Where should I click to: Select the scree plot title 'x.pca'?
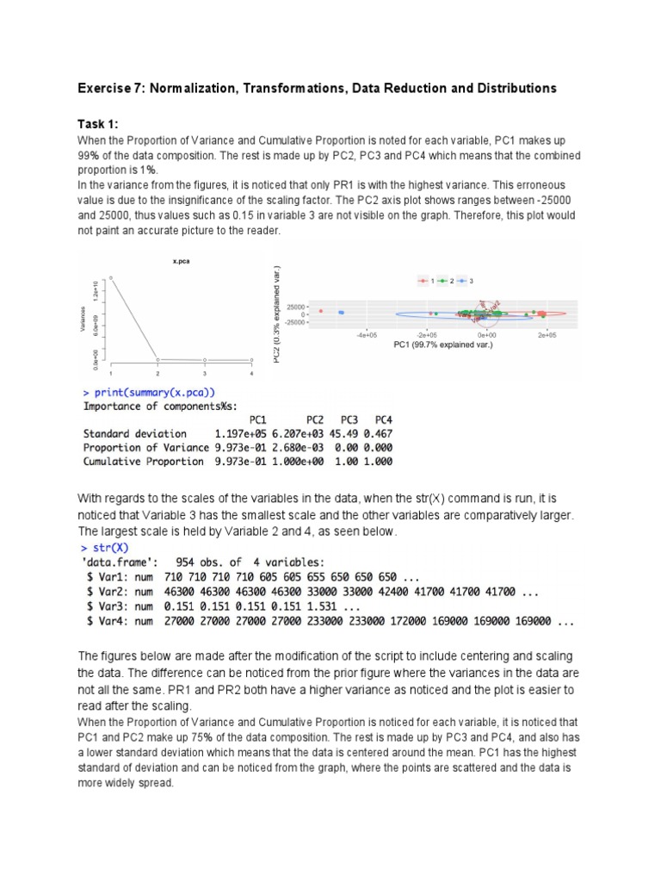[x=181, y=261]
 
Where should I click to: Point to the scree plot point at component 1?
[x=110, y=277]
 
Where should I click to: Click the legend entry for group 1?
[x=426, y=282]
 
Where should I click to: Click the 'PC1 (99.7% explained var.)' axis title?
[x=442, y=345]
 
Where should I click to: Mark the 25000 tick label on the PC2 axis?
[x=298, y=307]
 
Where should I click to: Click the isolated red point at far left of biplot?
[x=320, y=311]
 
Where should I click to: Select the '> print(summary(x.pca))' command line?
[x=151, y=393]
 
